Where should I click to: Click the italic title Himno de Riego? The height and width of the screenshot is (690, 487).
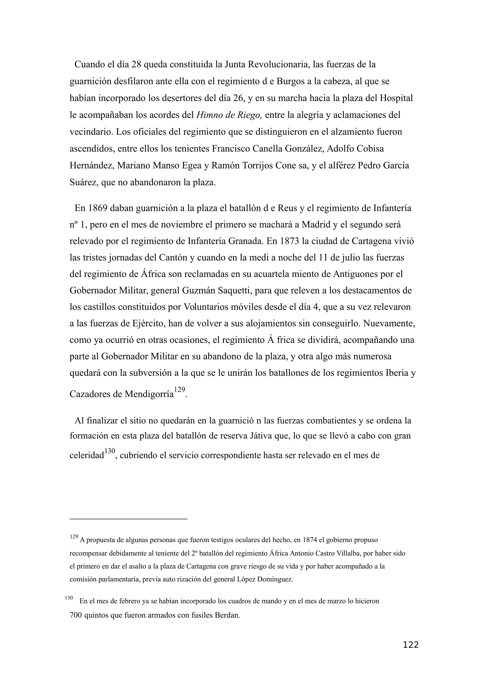click(x=229, y=115)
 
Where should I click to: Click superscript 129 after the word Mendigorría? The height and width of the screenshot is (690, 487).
click(x=179, y=390)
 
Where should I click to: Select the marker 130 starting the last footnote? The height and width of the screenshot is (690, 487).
click(x=69, y=597)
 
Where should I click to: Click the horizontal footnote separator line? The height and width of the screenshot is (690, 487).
click(x=128, y=518)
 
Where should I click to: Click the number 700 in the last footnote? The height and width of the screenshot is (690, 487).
click(x=76, y=615)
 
